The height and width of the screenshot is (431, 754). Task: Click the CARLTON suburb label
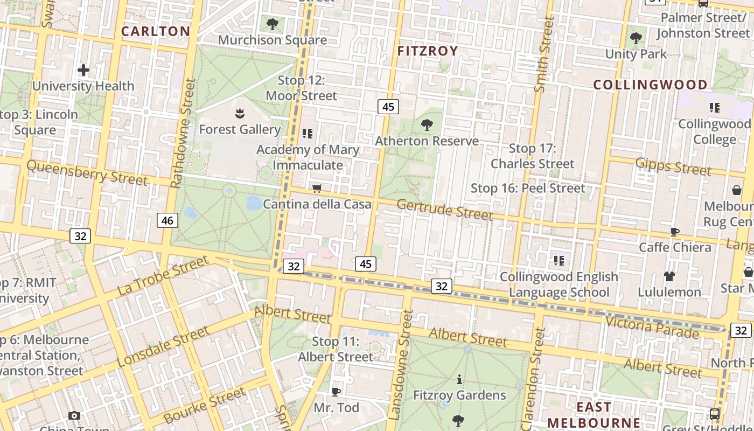click(155, 31)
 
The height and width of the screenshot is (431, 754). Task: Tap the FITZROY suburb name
click(428, 51)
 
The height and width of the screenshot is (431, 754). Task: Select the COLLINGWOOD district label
click(651, 85)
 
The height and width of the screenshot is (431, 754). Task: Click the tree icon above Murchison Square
click(273, 24)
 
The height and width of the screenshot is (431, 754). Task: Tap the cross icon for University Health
click(83, 70)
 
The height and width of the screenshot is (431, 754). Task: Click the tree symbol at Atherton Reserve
click(427, 125)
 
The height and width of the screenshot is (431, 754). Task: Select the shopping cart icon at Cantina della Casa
click(317, 189)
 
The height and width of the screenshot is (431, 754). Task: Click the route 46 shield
click(167, 220)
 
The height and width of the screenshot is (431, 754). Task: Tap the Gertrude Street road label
click(445, 210)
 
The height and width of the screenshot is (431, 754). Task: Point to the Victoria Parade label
click(652, 326)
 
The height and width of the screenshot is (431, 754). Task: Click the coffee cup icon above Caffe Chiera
click(675, 232)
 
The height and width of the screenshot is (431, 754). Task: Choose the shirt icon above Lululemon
click(669, 276)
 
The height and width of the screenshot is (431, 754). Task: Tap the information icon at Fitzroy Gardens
click(459, 380)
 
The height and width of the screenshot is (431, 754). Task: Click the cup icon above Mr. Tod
click(336, 392)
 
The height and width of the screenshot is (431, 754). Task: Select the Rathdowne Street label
click(184, 134)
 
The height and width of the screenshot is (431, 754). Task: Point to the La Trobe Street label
click(163, 276)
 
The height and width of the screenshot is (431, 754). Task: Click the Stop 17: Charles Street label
click(533, 156)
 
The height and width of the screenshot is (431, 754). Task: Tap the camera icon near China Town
click(74, 415)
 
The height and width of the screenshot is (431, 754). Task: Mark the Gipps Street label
click(673, 166)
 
